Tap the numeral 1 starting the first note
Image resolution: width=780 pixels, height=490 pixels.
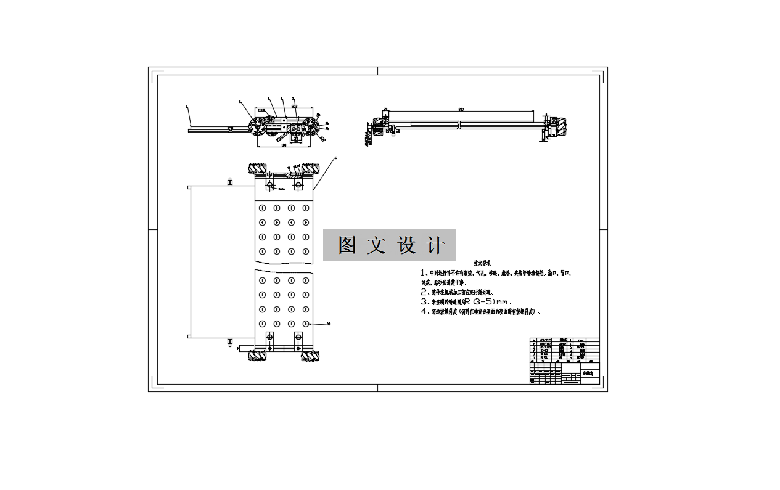pos(423,272)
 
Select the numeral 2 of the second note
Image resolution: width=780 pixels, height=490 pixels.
pos(423,292)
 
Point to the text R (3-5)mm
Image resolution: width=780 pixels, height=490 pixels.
pos(488,302)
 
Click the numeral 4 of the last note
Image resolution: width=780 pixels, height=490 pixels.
pos(423,312)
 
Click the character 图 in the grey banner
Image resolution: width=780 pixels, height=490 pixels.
pos(347,245)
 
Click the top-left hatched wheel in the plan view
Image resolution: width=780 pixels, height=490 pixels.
pos(258,169)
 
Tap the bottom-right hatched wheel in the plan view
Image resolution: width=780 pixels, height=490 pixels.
pos(309,356)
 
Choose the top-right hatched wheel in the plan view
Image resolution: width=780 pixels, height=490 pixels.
pos(309,169)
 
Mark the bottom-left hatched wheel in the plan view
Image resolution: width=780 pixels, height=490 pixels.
pos(258,356)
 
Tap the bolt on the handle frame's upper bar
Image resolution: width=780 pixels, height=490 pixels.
pos(229,182)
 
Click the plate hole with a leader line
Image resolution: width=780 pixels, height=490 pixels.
pos(306,323)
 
